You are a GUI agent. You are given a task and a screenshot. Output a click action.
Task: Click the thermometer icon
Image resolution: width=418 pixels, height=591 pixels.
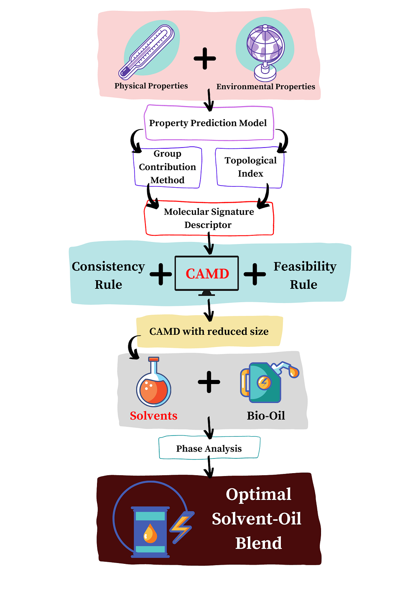pyautogui.click(x=147, y=52)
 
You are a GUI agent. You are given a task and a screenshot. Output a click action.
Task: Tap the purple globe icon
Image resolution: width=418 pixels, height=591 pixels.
pyautogui.click(x=265, y=50)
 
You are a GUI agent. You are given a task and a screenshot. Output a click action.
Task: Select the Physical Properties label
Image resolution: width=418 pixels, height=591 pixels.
pyautogui.click(x=151, y=86)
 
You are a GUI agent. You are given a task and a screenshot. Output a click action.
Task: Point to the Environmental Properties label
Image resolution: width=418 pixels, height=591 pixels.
pyautogui.click(x=265, y=87)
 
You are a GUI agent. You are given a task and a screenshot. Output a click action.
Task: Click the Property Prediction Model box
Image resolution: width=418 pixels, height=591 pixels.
pyautogui.click(x=208, y=123)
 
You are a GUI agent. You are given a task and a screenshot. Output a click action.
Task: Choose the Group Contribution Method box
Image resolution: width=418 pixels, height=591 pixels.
pyautogui.click(x=167, y=167)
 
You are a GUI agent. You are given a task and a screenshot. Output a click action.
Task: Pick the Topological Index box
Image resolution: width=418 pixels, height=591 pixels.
pyautogui.click(x=250, y=167)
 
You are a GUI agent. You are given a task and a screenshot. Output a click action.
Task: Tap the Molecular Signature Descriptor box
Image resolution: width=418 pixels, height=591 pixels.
pyautogui.click(x=209, y=218)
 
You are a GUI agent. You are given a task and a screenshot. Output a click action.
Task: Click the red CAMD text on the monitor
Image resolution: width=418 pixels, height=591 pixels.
pyautogui.click(x=207, y=274)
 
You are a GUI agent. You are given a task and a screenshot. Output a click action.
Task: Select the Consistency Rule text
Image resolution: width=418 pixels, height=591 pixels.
pyautogui.click(x=108, y=275)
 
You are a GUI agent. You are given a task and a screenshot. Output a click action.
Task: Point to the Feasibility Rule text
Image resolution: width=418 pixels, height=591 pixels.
pyautogui.click(x=305, y=275)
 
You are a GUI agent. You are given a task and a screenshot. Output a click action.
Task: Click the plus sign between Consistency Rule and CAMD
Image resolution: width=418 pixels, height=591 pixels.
pyautogui.click(x=161, y=274)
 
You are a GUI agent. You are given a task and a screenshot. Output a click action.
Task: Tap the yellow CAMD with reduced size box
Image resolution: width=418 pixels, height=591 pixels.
pyautogui.click(x=209, y=331)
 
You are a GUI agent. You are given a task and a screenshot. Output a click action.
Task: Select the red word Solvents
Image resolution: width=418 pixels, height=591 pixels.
pyautogui.click(x=153, y=416)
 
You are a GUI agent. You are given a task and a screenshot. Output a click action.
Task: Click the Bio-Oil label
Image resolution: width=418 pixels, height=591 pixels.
pyautogui.click(x=266, y=416)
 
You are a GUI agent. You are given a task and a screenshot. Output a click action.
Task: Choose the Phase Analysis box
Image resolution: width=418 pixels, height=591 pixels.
pyautogui.click(x=209, y=448)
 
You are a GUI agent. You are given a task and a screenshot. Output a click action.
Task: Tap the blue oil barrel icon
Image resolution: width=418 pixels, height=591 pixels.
pyautogui.click(x=150, y=532)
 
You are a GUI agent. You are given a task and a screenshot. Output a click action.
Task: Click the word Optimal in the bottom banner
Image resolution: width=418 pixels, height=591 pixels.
pyautogui.click(x=258, y=494)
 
